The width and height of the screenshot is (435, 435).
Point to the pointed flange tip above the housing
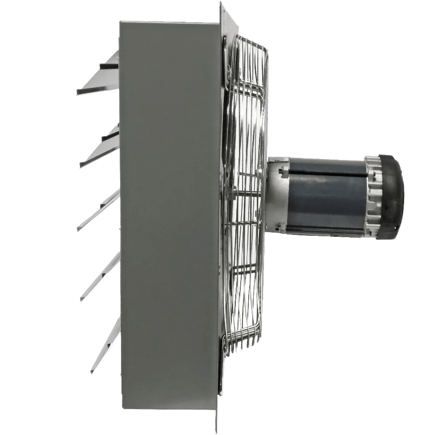tap(222, 9)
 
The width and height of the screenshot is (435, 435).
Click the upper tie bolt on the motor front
tap(283, 170)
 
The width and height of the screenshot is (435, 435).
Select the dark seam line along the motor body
tap(326, 175)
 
